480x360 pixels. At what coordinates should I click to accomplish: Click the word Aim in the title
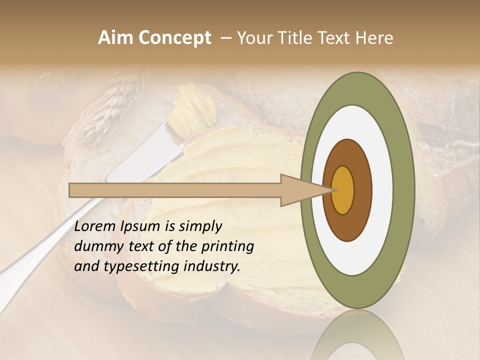click(x=114, y=38)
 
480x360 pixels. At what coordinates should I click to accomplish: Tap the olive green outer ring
click(x=404, y=190)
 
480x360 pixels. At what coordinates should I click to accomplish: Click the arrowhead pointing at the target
click(x=300, y=190)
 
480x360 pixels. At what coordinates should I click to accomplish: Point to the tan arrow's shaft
click(x=175, y=190)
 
